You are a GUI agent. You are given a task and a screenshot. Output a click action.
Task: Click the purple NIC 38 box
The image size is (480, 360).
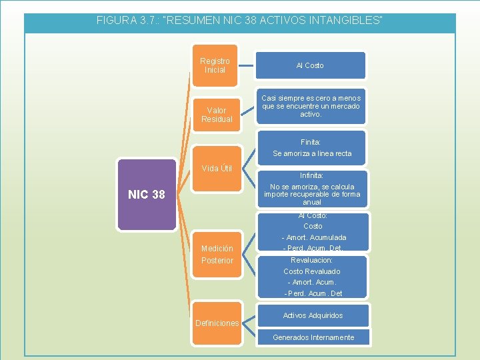tap(147, 195)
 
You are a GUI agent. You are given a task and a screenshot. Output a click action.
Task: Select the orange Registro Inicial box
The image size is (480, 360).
tap(214, 65)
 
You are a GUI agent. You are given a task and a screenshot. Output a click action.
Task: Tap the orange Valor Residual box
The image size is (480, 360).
tap(217, 115)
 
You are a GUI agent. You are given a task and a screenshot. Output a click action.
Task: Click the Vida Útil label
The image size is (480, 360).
tap(217, 168)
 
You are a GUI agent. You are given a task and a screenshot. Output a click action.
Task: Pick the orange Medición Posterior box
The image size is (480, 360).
tap(217, 254)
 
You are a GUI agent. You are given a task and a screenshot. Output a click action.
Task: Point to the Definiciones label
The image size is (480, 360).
tap(217, 323)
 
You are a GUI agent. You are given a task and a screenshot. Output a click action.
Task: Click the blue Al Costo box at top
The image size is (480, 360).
tap(310, 65)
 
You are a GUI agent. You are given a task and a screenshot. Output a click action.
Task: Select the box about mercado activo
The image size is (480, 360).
tap(311, 106)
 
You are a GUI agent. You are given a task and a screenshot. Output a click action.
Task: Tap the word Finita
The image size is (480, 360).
tap(311, 142)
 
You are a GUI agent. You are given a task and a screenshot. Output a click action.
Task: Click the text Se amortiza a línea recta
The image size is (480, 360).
tap(312, 153)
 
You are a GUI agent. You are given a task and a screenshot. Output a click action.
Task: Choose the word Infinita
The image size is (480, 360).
tap(311, 176)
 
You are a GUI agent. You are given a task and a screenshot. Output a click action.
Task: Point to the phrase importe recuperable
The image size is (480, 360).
tap(303, 195)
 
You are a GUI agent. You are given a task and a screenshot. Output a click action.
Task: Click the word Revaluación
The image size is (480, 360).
tap(311, 260)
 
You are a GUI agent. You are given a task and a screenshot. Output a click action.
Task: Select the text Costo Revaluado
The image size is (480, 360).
tap(311, 271)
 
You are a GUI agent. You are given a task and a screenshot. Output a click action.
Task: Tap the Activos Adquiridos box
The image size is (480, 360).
tap(313, 315)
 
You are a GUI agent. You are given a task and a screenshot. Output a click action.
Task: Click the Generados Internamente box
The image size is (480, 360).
tap(313, 337)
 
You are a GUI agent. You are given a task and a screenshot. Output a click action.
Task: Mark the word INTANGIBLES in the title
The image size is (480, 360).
tap(344, 21)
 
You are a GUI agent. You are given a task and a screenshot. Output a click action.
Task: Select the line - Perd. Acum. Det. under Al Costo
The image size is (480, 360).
tap(312, 248)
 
